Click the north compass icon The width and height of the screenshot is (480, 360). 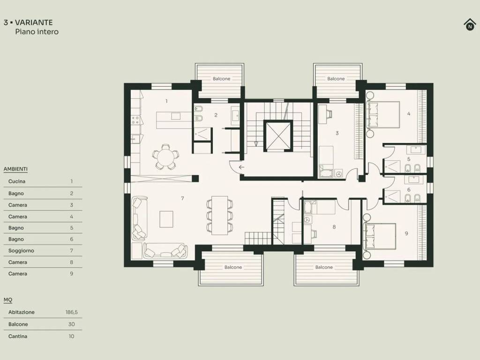pos(470,24)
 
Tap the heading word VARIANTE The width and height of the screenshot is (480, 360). pos(34,22)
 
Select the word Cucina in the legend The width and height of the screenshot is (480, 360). pos(17,181)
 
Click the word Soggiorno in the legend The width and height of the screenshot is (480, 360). pos(21,250)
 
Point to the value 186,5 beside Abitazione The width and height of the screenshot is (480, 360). pos(72,312)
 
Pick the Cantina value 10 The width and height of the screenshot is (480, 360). pos(72,336)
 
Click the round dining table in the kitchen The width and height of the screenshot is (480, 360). pos(165,157)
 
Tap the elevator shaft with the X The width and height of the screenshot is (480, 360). pos(278,135)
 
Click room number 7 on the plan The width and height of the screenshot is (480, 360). pos(182,198)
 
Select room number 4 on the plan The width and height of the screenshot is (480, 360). pos(409,113)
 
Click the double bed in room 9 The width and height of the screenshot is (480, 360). pos(380,236)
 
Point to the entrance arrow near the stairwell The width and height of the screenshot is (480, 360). pos(241,167)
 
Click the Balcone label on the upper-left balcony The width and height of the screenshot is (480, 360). pos(221,79)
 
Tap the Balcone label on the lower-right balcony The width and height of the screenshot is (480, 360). pos(324,267)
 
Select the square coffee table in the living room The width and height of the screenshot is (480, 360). pos(166,219)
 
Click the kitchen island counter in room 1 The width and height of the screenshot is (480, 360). pos(174,120)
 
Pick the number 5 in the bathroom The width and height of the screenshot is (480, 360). pos(409,159)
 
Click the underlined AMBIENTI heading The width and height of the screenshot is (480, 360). pos(15,169)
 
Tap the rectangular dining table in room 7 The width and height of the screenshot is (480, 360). pos(219,215)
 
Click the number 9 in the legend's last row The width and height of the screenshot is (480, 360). pos(72,274)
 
